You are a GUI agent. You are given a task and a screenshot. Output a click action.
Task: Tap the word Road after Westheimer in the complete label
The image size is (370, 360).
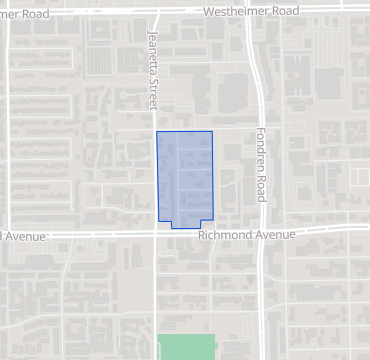[285, 11]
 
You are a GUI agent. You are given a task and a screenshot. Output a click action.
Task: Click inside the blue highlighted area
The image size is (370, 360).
[185, 175]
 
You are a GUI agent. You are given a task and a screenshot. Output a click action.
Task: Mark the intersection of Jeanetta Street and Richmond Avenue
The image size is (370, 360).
[156, 234]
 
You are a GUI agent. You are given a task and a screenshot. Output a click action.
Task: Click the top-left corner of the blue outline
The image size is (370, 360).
[157, 131]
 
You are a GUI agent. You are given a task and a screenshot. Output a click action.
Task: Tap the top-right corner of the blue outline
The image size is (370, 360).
[213, 131]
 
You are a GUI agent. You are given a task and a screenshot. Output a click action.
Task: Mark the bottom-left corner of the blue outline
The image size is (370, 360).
[157, 220]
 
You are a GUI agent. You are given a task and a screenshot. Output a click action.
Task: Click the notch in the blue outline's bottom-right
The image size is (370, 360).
[199, 221]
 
